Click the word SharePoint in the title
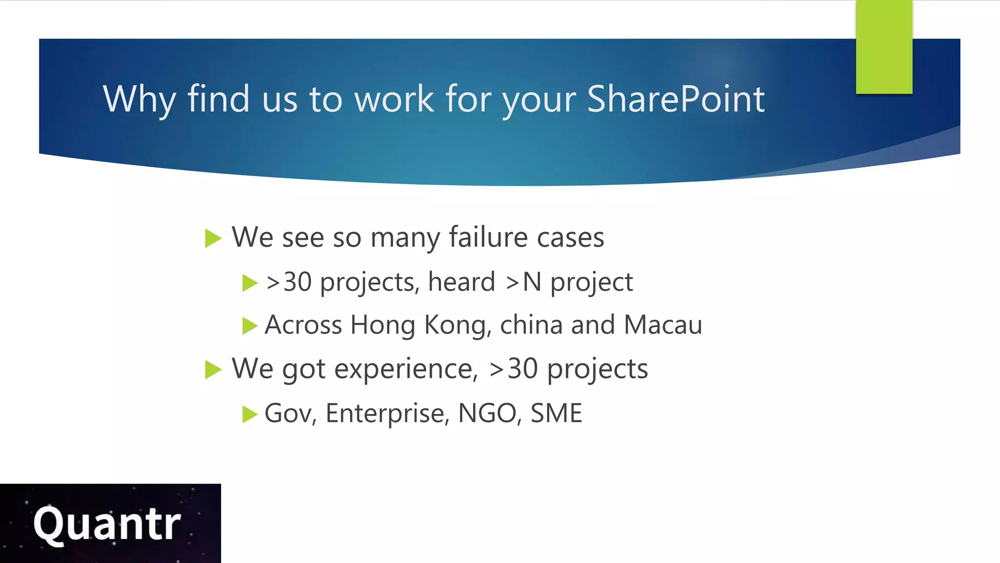coord(675,99)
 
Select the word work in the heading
coord(394,99)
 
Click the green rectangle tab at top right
coord(884,47)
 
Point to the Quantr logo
coord(107,523)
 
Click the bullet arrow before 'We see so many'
coord(213,238)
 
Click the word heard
coord(461,282)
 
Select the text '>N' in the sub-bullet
coord(523,282)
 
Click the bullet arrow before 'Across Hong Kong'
coord(250,325)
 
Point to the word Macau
coord(663,325)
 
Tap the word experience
coord(403,369)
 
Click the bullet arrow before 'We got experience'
coord(213,369)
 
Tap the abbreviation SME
coord(556,413)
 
